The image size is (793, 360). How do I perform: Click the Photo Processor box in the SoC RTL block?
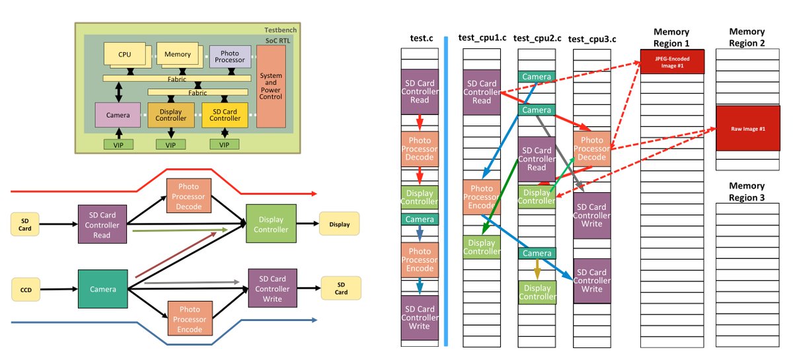click(230, 57)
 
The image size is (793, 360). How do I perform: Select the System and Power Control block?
click(271, 86)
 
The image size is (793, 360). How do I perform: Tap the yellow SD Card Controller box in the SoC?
click(225, 115)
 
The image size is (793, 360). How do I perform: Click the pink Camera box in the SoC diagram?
click(118, 115)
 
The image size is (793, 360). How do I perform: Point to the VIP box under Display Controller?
click(170, 145)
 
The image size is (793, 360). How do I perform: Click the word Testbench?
click(280, 30)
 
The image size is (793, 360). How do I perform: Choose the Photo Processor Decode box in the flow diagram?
click(189, 196)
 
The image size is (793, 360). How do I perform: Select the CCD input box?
click(26, 289)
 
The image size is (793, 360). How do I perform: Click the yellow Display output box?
click(340, 224)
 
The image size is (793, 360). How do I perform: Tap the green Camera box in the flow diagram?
click(102, 289)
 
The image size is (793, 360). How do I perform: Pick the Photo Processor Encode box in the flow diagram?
click(190, 318)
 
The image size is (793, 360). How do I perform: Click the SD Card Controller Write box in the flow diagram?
click(272, 288)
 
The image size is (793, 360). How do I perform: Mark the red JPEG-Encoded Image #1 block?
click(672, 62)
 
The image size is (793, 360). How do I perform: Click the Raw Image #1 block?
click(747, 129)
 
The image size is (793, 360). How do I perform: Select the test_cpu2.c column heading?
click(537, 38)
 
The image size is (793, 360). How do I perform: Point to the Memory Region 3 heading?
click(747, 192)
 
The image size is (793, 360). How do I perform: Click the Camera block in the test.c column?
click(420, 219)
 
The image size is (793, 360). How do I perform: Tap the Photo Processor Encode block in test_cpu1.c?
click(482, 197)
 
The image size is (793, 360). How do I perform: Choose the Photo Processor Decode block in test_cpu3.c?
click(592, 149)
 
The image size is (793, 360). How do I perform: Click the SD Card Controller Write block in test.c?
click(420, 318)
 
